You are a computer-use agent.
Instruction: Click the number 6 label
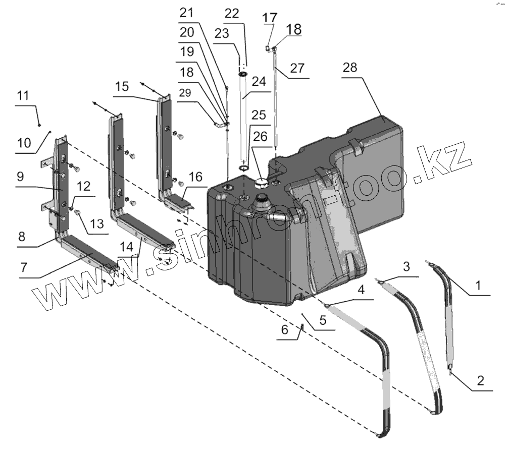click(284, 330)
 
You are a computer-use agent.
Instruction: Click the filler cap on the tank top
click(262, 183)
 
